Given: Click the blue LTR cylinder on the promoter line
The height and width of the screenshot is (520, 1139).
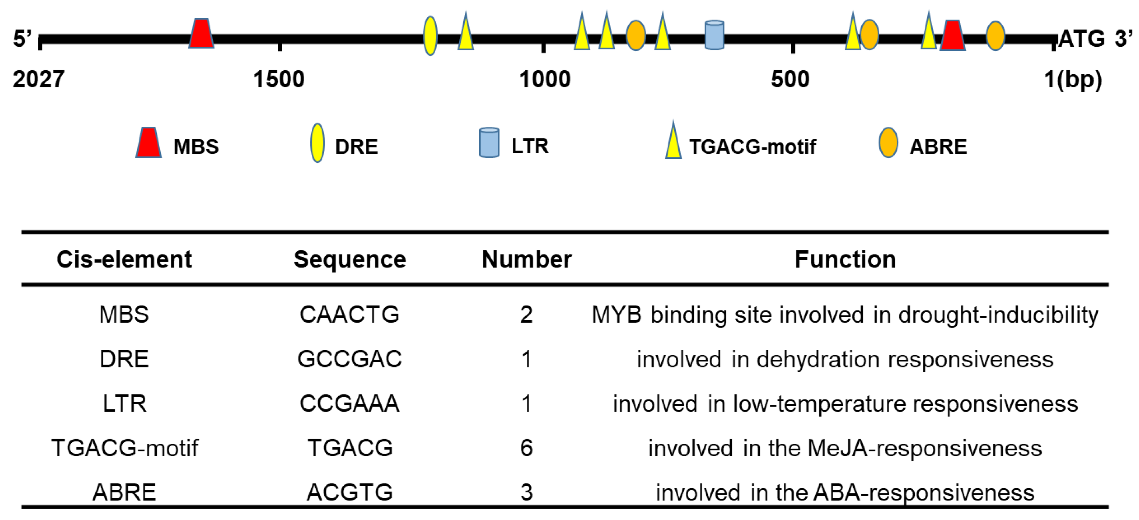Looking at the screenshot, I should point(714,35).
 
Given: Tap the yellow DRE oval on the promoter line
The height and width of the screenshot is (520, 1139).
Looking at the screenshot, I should point(430,36).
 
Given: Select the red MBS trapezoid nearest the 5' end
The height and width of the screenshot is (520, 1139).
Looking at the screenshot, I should point(201,33).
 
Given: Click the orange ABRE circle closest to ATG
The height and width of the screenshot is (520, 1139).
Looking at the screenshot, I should point(995,35).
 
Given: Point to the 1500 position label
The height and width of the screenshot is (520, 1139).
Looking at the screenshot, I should point(278,80).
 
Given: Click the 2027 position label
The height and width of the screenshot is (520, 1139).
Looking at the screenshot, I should point(38,80).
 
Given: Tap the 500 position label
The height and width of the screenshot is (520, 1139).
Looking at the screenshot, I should point(790,80).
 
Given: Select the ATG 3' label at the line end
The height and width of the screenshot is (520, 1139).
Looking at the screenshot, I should point(1095,38).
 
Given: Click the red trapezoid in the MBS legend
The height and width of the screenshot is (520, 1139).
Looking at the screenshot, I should point(149,143).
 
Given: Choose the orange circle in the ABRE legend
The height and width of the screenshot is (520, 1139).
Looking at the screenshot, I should point(888,143).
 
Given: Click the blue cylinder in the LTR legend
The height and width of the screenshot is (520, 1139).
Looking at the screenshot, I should point(489,143).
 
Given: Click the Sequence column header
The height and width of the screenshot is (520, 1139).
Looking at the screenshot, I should point(350,259).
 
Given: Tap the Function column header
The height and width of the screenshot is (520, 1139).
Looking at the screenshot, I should point(845,259).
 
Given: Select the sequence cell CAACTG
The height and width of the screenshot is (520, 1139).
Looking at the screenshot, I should point(349,315).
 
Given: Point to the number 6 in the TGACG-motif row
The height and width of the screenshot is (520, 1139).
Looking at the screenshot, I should point(526,448).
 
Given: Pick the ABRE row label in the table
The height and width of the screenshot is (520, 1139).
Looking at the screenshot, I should point(124,492).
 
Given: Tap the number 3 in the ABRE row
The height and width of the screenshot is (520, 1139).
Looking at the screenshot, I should point(526,492).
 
